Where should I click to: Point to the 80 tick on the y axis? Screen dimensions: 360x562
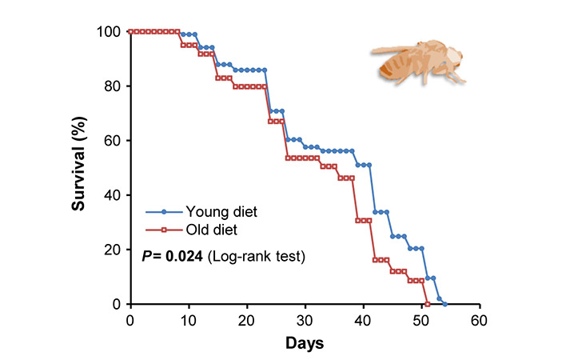114,86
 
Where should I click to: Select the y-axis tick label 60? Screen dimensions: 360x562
114,140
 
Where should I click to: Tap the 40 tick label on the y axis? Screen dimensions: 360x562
114,195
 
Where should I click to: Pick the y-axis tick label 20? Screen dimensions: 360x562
114,250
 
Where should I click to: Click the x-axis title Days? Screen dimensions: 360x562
305,342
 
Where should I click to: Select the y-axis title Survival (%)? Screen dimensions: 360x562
79,168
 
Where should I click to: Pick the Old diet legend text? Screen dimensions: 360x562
212,231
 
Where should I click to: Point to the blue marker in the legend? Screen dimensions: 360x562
163,212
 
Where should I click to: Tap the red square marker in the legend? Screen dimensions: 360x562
163,231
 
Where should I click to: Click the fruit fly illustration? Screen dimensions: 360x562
419,62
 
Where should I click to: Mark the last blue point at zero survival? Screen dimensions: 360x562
444,304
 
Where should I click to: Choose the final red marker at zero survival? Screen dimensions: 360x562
428,304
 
